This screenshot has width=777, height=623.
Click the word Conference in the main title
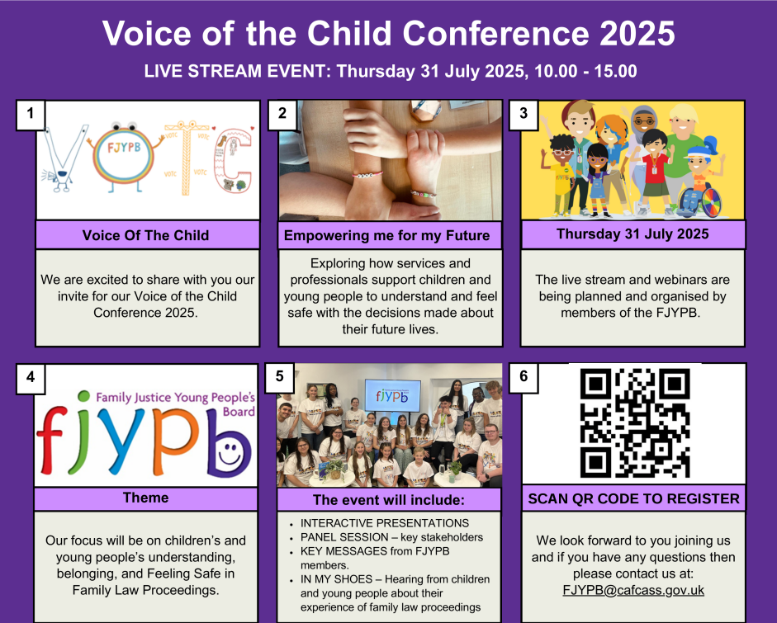(495, 34)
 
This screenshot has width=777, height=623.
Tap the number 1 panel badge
(31, 115)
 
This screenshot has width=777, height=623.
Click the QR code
(635, 423)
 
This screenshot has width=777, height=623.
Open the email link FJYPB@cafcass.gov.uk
(633, 590)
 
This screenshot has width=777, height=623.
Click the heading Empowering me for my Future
(386, 235)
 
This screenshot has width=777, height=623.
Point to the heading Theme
(145, 498)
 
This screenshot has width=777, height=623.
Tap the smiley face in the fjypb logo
(230, 453)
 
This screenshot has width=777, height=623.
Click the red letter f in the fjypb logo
(51, 439)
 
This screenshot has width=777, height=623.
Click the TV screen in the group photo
(392, 395)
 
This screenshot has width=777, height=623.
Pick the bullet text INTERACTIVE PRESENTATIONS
(385, 523)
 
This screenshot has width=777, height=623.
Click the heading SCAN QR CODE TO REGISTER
(634, 498)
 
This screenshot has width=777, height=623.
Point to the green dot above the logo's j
(83, 396)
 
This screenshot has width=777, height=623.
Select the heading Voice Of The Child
(145, 235)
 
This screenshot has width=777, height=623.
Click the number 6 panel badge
(524, 377)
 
